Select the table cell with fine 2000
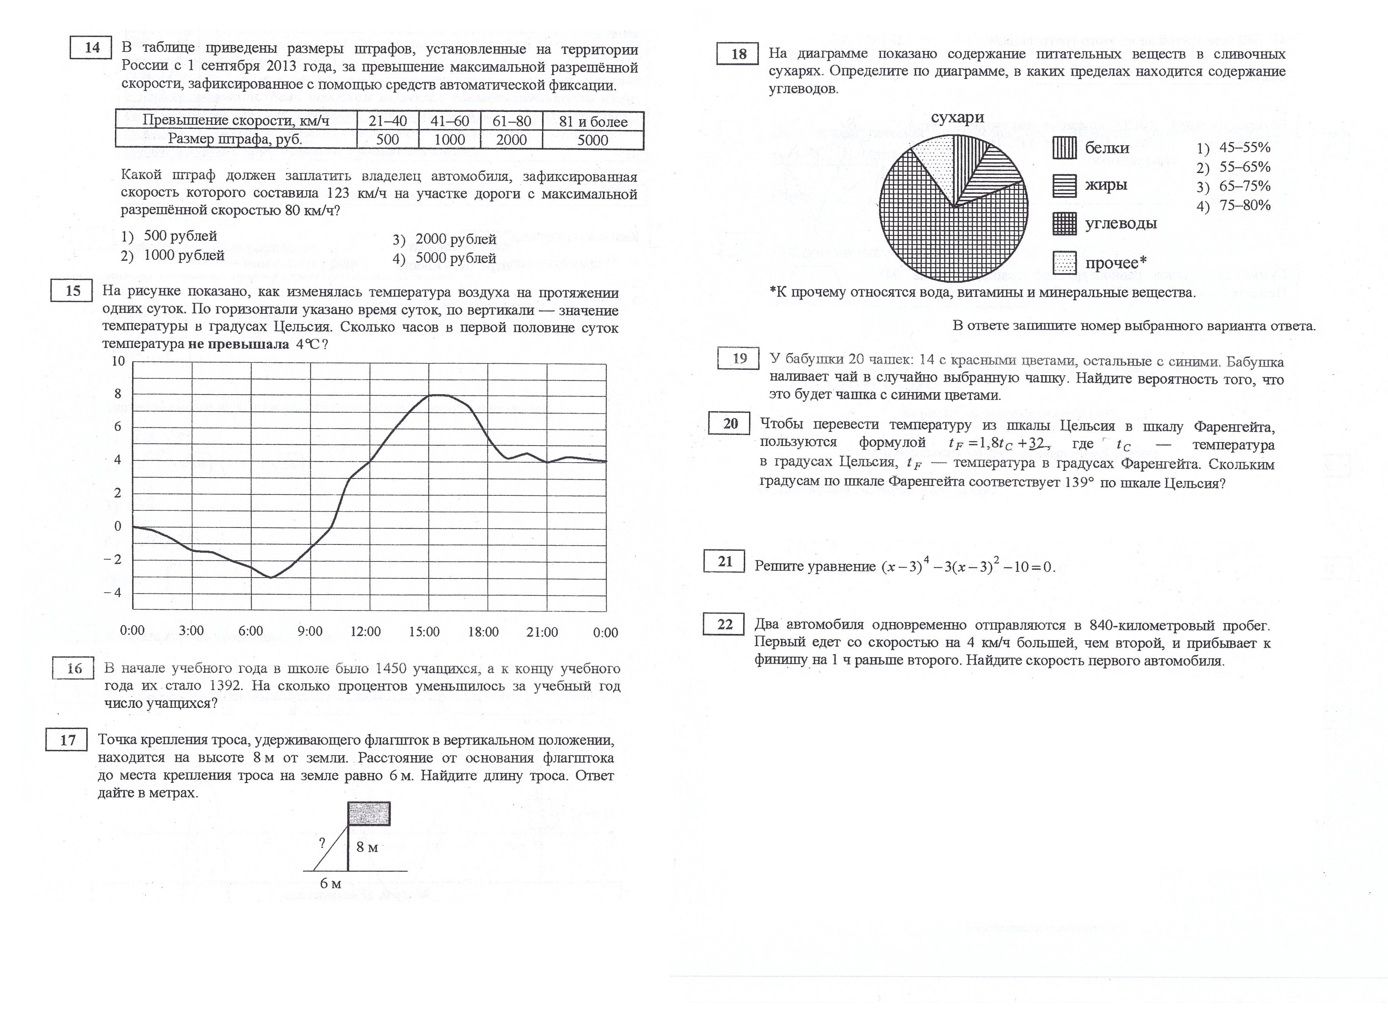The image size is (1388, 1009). point(511,140)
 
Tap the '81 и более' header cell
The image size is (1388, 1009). point(592,121)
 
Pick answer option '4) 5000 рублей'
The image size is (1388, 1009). point(445,258)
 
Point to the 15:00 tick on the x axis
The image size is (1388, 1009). point(424,631)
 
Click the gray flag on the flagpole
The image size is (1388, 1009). point(369,814)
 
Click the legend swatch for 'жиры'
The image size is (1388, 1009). point(1064,185)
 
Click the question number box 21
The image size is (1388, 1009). point(724,561)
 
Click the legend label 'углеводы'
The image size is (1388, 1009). point(1121,223)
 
